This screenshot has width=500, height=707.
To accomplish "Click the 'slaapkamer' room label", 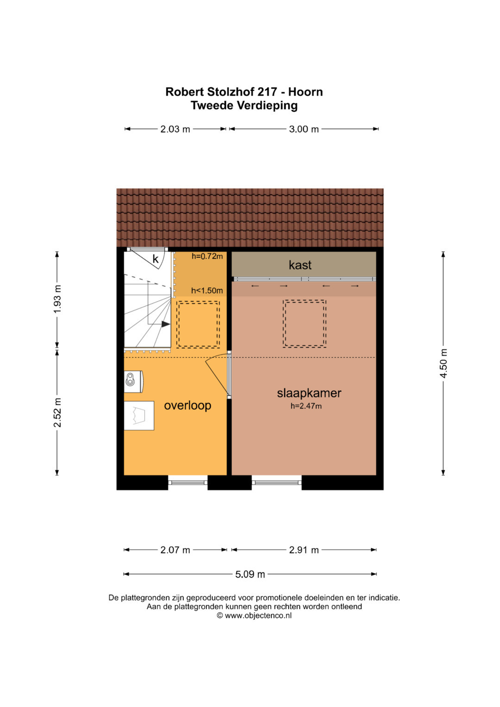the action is [309, 393].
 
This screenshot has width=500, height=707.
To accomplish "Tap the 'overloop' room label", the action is [187, 406].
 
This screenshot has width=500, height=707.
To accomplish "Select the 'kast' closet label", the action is [300, 265].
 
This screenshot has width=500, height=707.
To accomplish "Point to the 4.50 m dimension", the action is [444, 363].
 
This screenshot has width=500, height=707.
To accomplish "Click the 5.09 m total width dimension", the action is [250, 574].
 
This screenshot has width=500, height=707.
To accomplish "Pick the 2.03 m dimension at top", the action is [175, 129].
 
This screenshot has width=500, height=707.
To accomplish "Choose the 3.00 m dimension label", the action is [304, 129].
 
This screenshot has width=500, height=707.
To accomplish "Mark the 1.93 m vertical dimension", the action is [57, 299].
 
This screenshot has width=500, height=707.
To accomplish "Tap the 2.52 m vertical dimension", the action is [57, 413].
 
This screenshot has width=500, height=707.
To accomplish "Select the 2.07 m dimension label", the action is [175, 550].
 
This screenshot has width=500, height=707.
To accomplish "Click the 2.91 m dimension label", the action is [304, 550].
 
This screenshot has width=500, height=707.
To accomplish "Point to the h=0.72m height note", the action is [207, 257].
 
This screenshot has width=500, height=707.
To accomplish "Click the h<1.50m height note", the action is [207, 290].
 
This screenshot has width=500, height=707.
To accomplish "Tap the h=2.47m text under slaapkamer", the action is [306, 406].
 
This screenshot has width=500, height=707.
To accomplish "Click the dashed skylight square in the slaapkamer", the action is [305, 324].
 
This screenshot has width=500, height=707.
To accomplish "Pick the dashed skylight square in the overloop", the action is [198, 325].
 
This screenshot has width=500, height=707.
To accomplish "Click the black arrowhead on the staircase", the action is [166, 324].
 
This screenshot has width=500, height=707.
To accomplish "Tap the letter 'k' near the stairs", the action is [156, 259].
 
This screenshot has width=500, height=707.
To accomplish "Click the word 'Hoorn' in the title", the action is [306, 92].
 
